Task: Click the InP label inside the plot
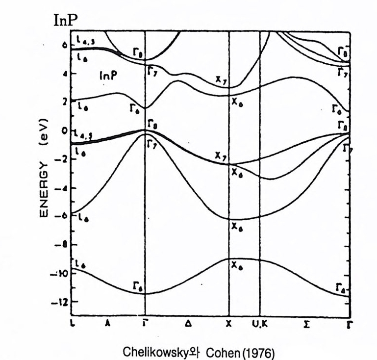(x=108, y=76)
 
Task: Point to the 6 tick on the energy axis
(x=64, y=45)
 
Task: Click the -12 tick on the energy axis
(x=61, y=302)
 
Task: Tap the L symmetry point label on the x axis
(x=72, y=324)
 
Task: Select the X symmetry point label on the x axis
(x=228, y=324)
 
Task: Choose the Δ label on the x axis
(x=188, y=324)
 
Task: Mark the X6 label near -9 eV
(x=237, y=267)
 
